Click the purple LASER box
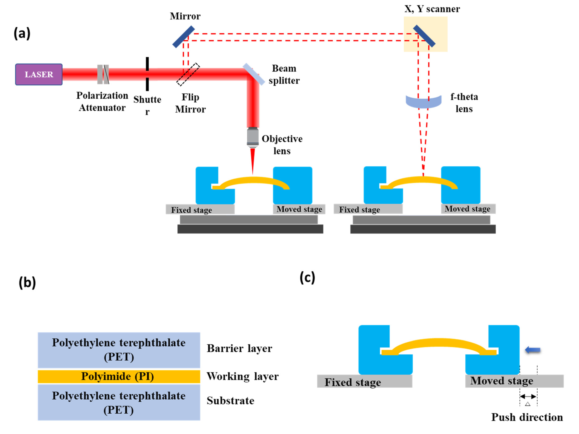pyautogui.click(x=39, y=74)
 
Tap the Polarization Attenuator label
pyautogui.click(x=102, y=102)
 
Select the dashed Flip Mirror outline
pyautogui.click(x=188, y=74)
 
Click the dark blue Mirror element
pyautogui.click(x=183, y=37)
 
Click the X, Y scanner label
pyautogui.click(x=432, y=9)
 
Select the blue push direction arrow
pyautogui.click(x=533, y=350)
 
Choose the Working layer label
pyautogui.click(x=242, y=376)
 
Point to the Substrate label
pyautogui.click(x=230, y=401)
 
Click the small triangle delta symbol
pyautogui.click(x=528, y=404)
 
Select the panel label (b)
pyautogui.click(x=27, y=282)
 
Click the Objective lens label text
pyautogui.click(x=282, y=145)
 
